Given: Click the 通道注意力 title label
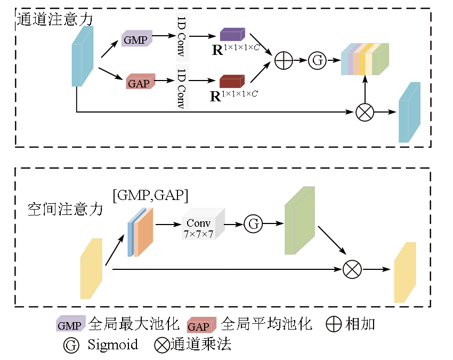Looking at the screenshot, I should coord(55,19).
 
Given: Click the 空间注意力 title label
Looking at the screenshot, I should coord(65,209).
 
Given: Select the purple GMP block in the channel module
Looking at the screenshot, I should coord(136,38).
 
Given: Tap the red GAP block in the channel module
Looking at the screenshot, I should coord(140,82).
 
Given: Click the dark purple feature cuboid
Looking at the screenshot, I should coord(232,35).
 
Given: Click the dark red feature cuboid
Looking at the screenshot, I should coord(231,81).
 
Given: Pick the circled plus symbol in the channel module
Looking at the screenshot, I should coord(284,60).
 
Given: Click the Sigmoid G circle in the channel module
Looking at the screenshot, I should coord(317,60).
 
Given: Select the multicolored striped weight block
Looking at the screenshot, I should coord(365,59).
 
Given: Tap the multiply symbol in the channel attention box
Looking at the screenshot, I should coord(365,112).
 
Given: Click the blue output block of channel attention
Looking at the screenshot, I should coord(409,113).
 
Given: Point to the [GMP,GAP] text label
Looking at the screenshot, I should coord(150,195).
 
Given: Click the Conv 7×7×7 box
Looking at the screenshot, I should coord(203,225).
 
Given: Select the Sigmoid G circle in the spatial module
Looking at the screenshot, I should coord(253,223).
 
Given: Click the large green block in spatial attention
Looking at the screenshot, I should coord(299,221).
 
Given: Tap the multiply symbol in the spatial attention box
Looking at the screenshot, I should coord(352,269).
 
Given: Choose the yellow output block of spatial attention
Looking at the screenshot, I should coord(405,273).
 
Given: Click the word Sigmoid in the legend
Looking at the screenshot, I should coord(112,345).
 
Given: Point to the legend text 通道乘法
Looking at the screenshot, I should coord(201,345).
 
